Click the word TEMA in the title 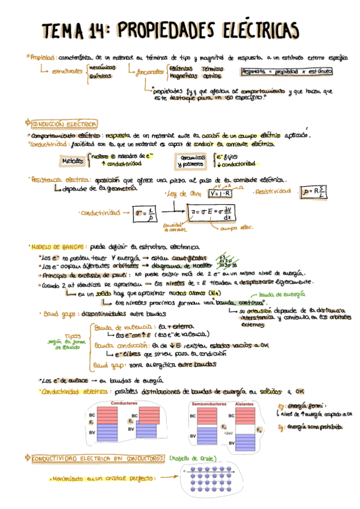click(65, 30)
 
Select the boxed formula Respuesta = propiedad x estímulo click(286, 71)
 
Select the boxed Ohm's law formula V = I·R click(220, 193)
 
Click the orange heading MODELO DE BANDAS click(58, 246)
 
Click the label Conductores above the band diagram click(126, 403)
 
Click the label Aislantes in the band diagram click(245, 403)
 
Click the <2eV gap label click(228, 432)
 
